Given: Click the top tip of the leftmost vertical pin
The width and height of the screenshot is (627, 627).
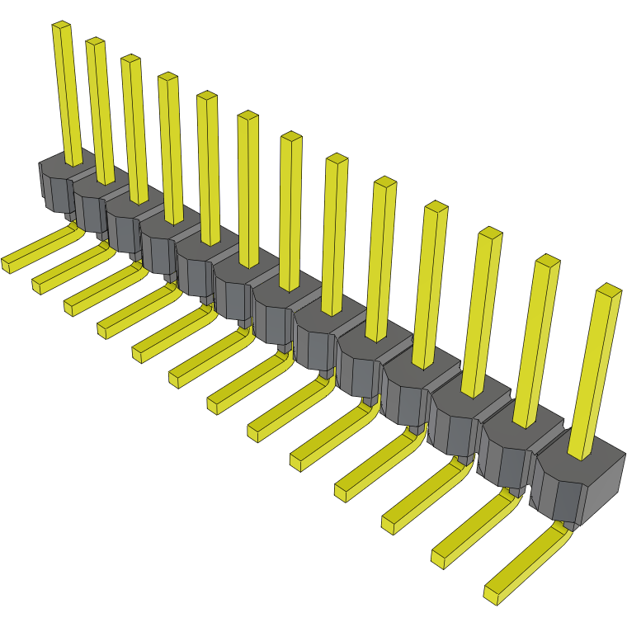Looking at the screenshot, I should (61, 26).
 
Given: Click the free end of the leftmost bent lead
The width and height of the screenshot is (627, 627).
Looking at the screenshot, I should (8, 264).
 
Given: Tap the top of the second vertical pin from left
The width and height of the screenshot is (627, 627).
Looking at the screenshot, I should (95, 42).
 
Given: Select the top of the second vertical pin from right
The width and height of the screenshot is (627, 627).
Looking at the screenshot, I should (547, 262).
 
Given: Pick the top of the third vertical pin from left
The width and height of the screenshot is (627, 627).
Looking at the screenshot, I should (130, 59).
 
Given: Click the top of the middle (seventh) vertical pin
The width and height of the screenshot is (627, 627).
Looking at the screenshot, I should (290, 137).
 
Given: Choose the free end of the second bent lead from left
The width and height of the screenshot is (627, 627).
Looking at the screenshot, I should (39, 285).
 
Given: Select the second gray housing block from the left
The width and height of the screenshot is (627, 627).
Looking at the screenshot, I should (91, 198).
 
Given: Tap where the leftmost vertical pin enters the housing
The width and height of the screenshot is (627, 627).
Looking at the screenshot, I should (73, 162).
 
